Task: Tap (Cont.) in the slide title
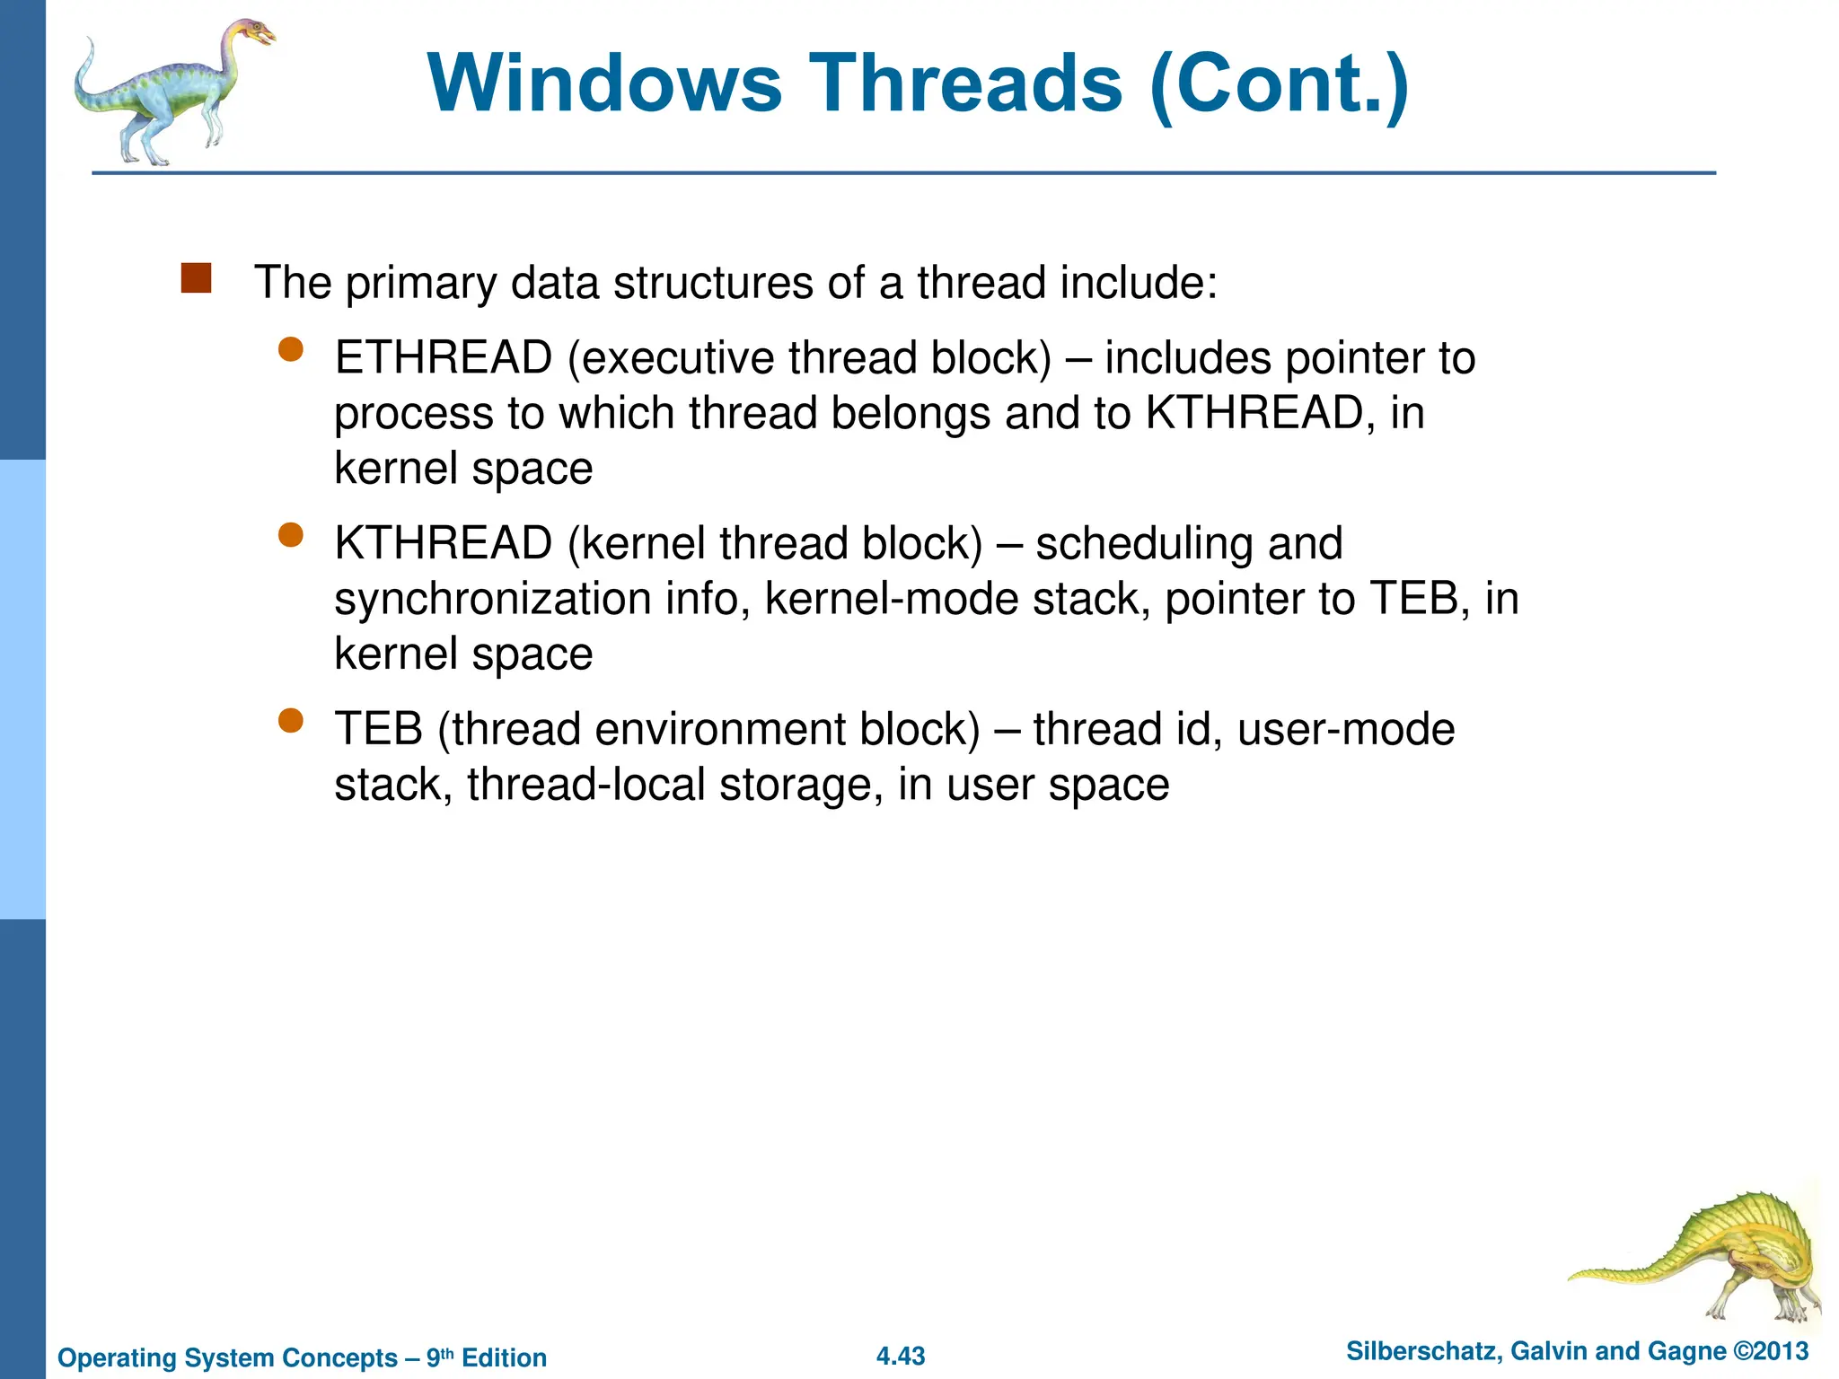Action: point(1279,83)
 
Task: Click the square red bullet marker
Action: point(196,278)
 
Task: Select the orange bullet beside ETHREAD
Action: point(291,349)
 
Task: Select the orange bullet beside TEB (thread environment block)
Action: point(291,720)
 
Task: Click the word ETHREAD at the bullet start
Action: point(443,357)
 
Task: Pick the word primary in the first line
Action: point(420,284)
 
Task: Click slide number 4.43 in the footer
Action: point(901,1356)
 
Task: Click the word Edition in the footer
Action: point(504,1357)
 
